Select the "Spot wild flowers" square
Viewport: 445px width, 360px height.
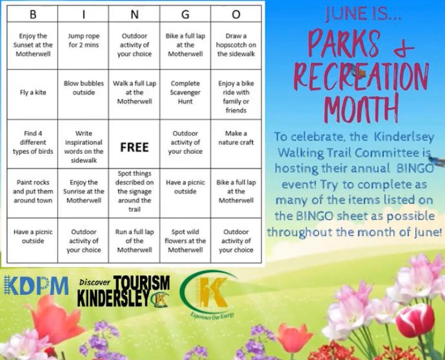pos(185,241)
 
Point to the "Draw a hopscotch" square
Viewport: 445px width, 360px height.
pos(236,45)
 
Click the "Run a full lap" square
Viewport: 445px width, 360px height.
pos(134,241)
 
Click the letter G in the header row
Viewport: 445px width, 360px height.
pos(185,14)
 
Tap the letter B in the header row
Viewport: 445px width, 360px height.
pos(33,14)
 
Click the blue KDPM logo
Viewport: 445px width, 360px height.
pos(36,285)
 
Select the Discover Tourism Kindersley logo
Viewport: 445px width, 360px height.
pos(124,291)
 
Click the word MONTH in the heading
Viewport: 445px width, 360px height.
pos(361,108)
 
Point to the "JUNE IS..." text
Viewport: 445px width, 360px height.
pos(363,14)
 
